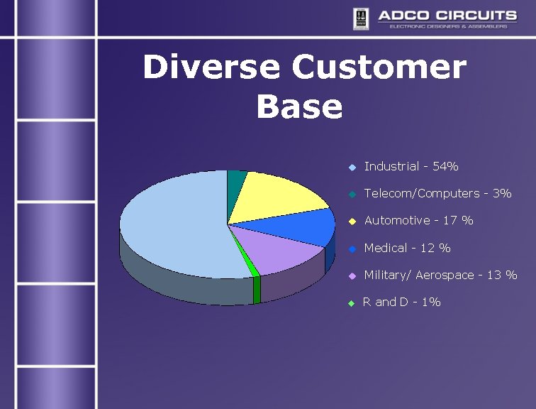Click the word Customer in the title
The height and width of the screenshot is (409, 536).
click(x=379, y=68)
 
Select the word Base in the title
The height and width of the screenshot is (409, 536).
click(x=299, y=107)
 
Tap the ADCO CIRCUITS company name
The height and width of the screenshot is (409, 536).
click(x=447, y=15)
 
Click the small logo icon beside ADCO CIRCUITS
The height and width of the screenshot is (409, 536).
click(x=361, y=18)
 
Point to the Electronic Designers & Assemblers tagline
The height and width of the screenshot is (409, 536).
click(x=448, y=26)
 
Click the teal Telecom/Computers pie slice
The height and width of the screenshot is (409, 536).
click(x=236, y=181)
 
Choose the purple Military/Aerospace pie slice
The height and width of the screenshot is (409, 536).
click(x=280, y=252)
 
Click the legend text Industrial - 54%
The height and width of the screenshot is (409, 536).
click(x=411, y=167)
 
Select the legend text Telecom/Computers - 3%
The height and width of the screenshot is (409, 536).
click(x=437, y=194)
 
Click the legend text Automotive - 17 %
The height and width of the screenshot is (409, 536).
click(x=418, y=221)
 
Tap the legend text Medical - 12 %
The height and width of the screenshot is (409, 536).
click(x=407, y=249)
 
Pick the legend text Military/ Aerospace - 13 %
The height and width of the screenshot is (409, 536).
click(x=440, y=276)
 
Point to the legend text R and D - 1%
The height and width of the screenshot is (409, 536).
click(x=402, y=302)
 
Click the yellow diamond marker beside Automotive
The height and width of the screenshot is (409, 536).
click(x=352, y=222)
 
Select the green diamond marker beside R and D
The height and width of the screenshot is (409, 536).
click(x=352, y=303)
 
